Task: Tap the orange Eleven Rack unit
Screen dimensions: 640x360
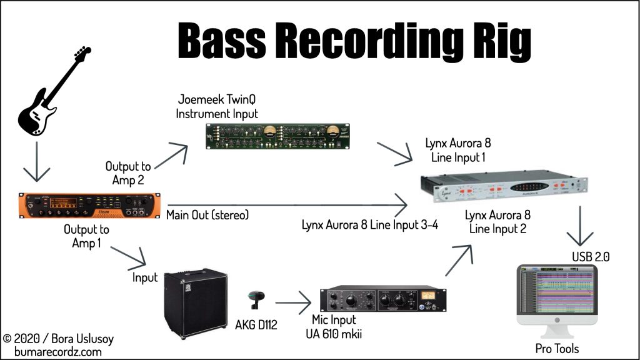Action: (x=89, y=205)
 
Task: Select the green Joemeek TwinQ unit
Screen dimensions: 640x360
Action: (x=277, y=136)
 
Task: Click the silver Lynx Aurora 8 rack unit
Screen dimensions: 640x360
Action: (x=504, y=186)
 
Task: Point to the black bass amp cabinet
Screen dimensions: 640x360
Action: (x=196, y=303)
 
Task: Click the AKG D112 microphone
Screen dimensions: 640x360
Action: (x=257, y=300)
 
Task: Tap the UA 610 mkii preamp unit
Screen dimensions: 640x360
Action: (x=383, y=300)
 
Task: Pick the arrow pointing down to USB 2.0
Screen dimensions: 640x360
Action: (x=580, y=226)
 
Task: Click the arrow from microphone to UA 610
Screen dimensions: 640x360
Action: (x=293, y=303)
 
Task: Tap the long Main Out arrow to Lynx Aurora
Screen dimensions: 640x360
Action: (x=287, y=205)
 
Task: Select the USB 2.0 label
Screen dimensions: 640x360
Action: (x=591, y=257)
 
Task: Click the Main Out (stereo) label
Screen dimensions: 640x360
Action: (x=207, y=215)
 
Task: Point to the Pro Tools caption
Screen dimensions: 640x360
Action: (x=557, y=349)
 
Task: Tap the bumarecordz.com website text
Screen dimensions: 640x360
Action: (x=58, y=352)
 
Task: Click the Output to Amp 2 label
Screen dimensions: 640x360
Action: (x=128, y=173)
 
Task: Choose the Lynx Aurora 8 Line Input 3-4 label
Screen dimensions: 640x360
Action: (x=370, y=225)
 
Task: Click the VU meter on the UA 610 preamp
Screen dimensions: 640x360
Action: (x=427, y=295)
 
